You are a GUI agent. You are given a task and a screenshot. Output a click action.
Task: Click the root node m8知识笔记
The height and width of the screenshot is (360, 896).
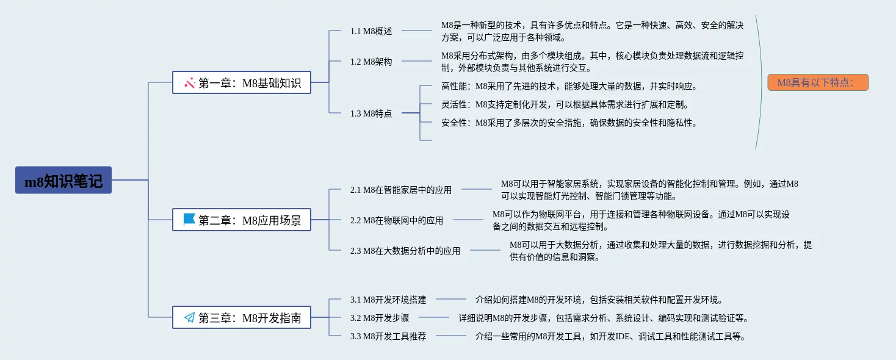(63, 181)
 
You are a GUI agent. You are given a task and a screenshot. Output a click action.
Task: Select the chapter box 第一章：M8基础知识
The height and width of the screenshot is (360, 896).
(242, 82)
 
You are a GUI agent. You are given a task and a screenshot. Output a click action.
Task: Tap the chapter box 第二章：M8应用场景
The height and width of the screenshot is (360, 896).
(242, 220)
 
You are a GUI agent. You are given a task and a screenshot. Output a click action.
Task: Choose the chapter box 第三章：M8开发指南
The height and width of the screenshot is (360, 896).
(242, 317)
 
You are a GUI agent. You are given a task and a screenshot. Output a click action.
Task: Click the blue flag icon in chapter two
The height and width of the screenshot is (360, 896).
(189, 220)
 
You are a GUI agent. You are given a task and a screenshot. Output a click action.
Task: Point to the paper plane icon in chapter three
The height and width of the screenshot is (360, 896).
(189, 317)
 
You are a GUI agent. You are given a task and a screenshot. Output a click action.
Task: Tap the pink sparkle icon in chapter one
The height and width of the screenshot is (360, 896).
(189, 82)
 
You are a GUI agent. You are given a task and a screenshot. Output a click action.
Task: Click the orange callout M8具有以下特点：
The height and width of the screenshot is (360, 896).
(818, 82)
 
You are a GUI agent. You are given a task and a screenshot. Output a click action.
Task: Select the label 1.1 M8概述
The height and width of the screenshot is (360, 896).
(371, 31)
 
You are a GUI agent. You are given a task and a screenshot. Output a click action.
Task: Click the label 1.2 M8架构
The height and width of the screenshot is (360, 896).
(371, 62)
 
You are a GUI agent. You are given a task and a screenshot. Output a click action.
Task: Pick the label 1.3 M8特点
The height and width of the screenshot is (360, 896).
(371, 113)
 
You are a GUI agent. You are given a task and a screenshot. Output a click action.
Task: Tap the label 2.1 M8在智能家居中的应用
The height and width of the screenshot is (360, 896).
(401, 190)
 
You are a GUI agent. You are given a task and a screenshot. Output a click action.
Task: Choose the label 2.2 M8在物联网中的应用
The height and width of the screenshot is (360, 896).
(397, 220)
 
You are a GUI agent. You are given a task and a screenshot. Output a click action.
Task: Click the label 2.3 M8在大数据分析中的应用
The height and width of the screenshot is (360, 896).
(405, 251)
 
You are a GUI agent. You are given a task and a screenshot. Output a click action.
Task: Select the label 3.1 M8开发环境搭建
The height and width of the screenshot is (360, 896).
(388, 300)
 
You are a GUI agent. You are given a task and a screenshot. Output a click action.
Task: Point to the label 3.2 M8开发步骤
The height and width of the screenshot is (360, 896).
(380, 318)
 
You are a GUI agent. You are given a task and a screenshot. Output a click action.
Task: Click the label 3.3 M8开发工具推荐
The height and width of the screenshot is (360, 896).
(388, 336)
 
